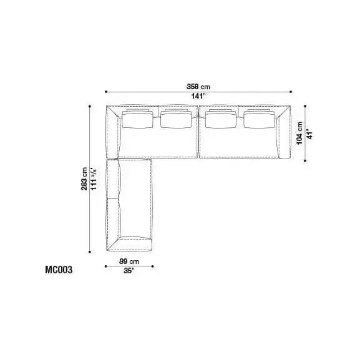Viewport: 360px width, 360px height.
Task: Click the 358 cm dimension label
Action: pos(198,87)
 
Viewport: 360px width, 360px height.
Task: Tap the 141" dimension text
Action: pos(198,96)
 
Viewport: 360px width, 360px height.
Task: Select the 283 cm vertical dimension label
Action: pos(84,179)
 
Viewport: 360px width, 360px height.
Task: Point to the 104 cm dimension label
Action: pos(299,133)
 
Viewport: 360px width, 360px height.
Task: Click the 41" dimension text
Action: pos(309,135)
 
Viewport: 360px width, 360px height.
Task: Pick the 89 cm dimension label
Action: pos(129,261)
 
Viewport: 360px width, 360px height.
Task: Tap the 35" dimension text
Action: pos(129,271)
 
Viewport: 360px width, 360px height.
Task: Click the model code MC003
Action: pos(59,270)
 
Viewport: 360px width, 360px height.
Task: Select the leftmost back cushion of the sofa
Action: pos(137,119)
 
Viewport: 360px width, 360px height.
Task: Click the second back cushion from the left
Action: pos(176,119)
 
